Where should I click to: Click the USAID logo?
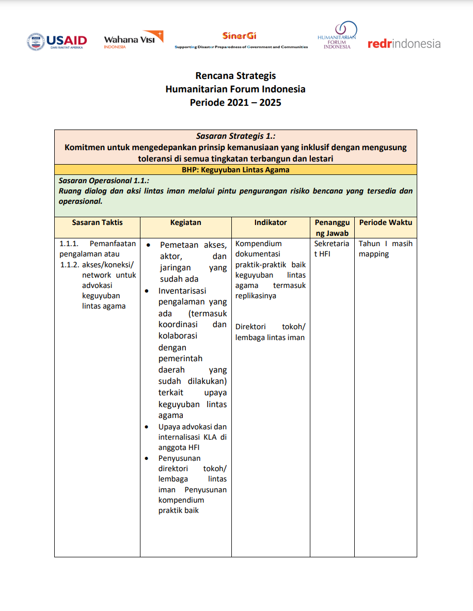(x=57, y=41)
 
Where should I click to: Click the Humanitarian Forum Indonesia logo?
(x=337, y=36)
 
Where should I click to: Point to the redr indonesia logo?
(x=404, y=44)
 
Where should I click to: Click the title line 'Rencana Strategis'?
(x=235, y=76)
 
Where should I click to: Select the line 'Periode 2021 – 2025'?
(x=235, y=102)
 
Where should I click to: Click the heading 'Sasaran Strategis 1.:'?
(x=235, y=136)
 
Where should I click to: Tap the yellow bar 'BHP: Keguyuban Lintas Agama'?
(x=235, y=169)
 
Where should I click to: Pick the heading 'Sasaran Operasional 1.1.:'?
(x=104, y=181)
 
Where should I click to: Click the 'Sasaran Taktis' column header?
(x=97, y=222)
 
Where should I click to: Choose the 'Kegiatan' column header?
(x=185, y=222)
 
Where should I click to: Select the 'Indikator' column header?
(x=270, y=222)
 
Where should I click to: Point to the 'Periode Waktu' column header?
(x=385, y=222)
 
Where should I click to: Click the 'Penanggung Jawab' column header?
(x=332, y=228)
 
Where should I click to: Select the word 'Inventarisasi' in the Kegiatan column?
(x=182, y=291)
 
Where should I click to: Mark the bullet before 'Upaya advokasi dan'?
(x=148, y=427)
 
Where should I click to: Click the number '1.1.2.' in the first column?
(x=69, y=265)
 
